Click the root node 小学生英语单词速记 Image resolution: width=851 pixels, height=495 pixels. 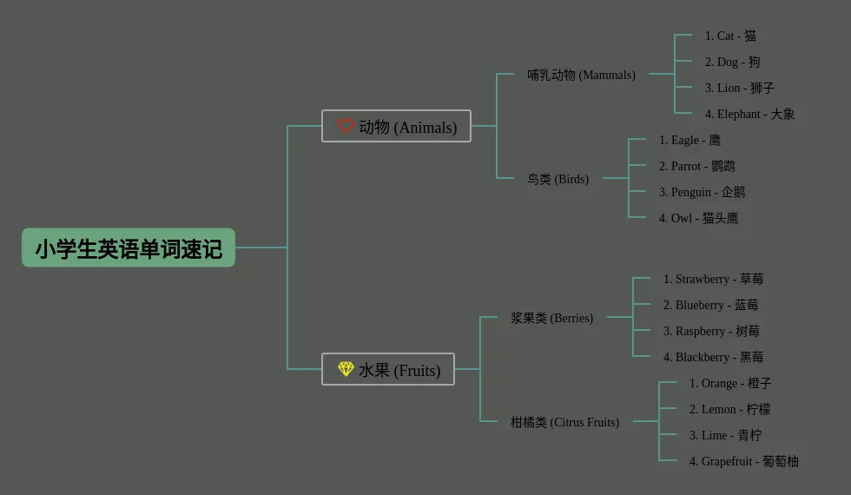pyautogui.click(x=129, y=248)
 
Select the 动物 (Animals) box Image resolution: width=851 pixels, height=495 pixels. pyautogui.click(x=396, y=127)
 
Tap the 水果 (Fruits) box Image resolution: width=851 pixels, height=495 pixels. pyautogui.click(x=388, y=370)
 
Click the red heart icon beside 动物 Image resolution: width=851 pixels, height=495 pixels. pyautogui.click(x=346, y=126)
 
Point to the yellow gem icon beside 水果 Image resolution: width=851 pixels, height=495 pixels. pyautogui.click(x=346, y=369)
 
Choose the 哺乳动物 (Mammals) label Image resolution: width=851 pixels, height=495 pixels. pyautogui.click(x=581, y=75)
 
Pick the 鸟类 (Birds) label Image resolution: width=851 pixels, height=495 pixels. pyautogui.click(x=557, y=179)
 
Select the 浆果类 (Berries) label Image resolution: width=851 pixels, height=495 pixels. pyautogui.click(x=551, y=318)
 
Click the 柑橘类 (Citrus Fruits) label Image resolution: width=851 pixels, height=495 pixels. pyautogui.click(x=564, y=422)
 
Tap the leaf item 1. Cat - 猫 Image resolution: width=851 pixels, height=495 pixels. pyautogui.click(x=730, y=36)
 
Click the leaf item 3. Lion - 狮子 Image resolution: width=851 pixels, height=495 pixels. pyautogui.click(x=739, y=88)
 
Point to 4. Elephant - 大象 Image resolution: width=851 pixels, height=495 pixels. pyautogui.click(x=749, y=114)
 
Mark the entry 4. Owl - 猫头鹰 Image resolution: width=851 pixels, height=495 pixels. pyautogui.click(x=698, y=218)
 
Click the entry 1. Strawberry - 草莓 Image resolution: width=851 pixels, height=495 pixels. pyautogui.click(x=713, y=279)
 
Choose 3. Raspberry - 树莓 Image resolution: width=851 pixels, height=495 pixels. pyautogui.click(x=711, y=331)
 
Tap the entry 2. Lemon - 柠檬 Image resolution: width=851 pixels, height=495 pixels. pyautogui.click(x=729, y=409)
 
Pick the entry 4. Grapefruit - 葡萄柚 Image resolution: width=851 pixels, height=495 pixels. pyautogui.click(x=743, y=461)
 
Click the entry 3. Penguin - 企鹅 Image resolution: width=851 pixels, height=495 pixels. pyautogui.click(x=702, y=192)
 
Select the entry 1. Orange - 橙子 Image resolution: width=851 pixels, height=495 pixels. pyautogui.click(x=730, y=383)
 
